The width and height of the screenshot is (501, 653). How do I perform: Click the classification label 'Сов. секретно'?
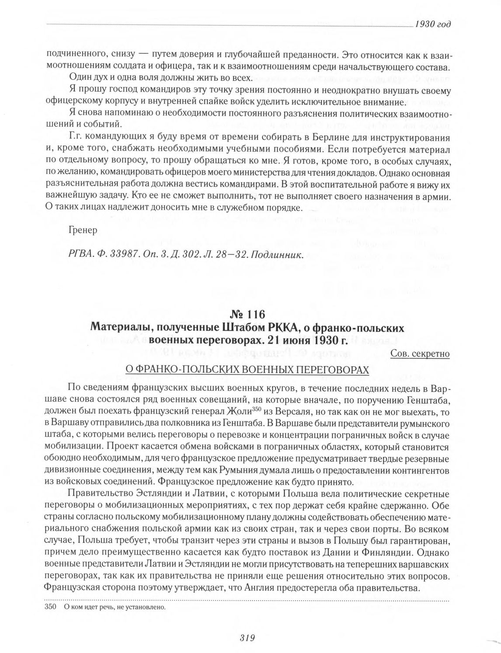coord(421,354)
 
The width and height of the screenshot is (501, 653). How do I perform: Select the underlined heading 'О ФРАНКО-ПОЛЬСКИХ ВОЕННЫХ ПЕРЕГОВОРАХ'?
coord(247,370)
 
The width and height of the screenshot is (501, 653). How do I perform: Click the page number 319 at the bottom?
coord(247,637)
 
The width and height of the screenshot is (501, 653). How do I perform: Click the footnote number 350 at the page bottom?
coord(51,607)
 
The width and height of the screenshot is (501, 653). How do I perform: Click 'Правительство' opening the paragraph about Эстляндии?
coord(93,494)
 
